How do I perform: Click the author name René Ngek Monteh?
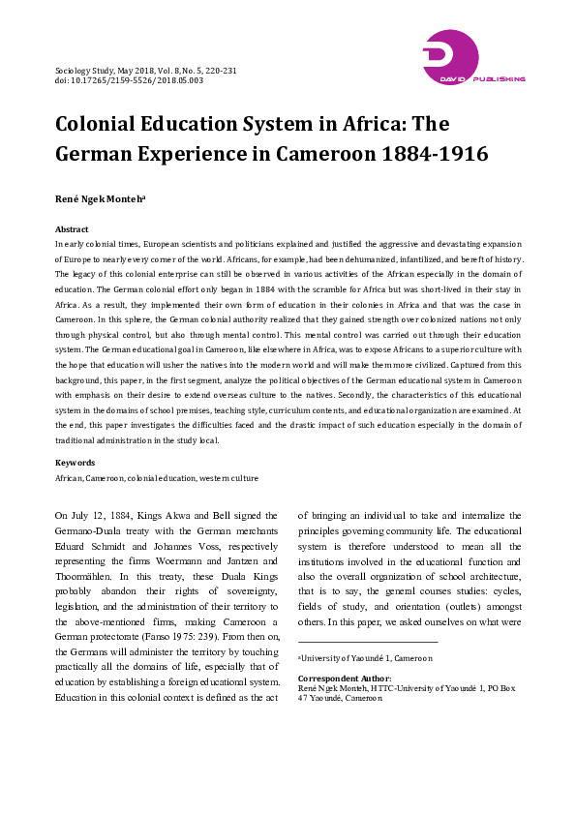coord(100,200)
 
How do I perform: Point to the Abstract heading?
coord(72,229)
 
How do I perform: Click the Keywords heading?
coord(75,463)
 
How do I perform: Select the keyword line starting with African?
coord(156,478)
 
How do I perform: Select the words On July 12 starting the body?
coord(78,516)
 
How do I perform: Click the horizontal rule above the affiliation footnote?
coord(369,642)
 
